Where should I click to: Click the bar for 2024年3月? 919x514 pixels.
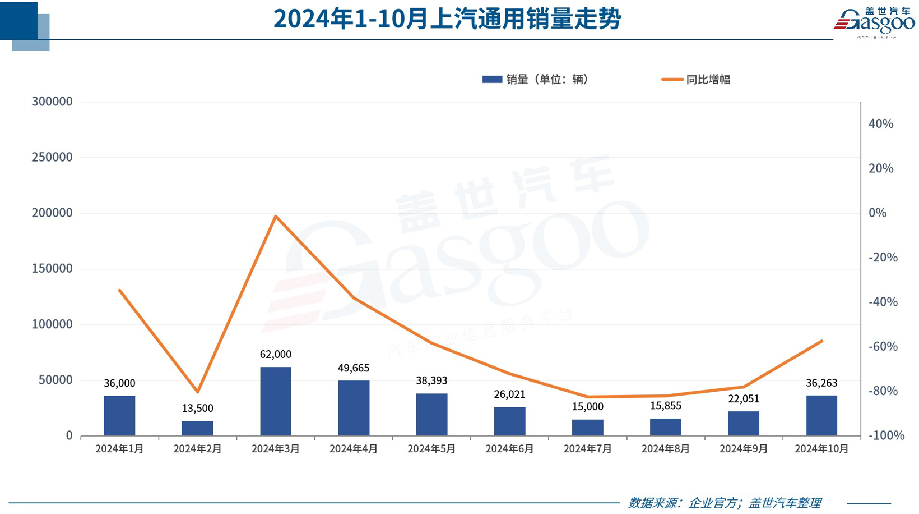(x=275, y=401)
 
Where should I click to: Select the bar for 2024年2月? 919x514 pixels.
(x=197, y=428)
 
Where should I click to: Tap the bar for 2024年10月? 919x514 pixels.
(x=821, y=415)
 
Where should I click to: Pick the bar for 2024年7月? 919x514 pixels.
(x=587, y=428)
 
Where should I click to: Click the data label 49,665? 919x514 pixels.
(x=354, y=368)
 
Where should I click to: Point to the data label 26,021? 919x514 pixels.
(x=509, y=394)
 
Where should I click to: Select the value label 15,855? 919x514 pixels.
(x=665, y=406)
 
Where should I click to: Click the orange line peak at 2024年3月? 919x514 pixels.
(x=276, y=216)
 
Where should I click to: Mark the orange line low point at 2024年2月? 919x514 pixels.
(x=197, y=392)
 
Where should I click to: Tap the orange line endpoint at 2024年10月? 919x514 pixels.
(x=821, y=341)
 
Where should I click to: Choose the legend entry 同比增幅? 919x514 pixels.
(x=696, y=80)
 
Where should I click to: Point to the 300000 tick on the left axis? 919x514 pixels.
(x=52, y=102)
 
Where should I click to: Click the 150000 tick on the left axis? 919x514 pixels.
(x=52, y=269)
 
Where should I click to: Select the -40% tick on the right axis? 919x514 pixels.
(x=883, y=302)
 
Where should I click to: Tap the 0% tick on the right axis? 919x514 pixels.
(x=878, y=213)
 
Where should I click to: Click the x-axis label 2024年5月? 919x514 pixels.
(x=431, y=449)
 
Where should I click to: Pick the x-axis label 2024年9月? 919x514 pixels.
(x=744, y=449)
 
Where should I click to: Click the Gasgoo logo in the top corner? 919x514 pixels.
(x=874, y=22)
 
